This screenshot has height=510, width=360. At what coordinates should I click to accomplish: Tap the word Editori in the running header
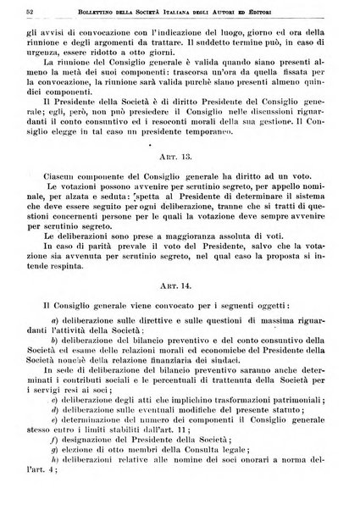311,10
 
